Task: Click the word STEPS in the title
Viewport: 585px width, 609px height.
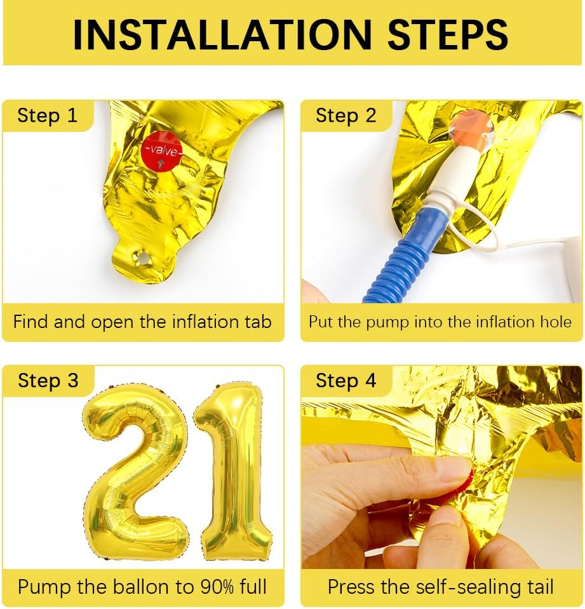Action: [x=448, y=34]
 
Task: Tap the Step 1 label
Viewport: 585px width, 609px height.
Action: [x=48, y=115]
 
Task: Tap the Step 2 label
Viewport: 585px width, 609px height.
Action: [x=346, y=115]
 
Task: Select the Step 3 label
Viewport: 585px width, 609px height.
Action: [x=48, y=380]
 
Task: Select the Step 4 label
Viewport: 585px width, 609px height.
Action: [x=346, y=380]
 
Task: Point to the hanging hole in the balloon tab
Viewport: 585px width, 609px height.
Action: [x=142, y=257]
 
